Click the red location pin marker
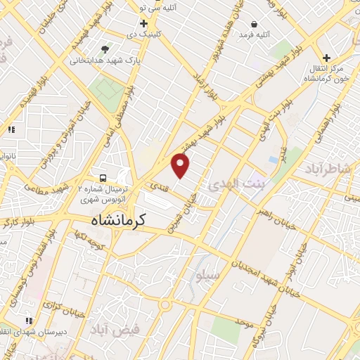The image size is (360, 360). coord(181,166)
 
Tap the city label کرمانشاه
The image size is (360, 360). coord(117,220)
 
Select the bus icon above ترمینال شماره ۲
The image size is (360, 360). coord(103,178)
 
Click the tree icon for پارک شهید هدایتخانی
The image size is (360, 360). coord(105,49)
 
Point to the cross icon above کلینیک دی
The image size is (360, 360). coord(143,23)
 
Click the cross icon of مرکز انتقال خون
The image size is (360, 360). coord(326,58)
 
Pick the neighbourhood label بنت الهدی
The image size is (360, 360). coord(235,184)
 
